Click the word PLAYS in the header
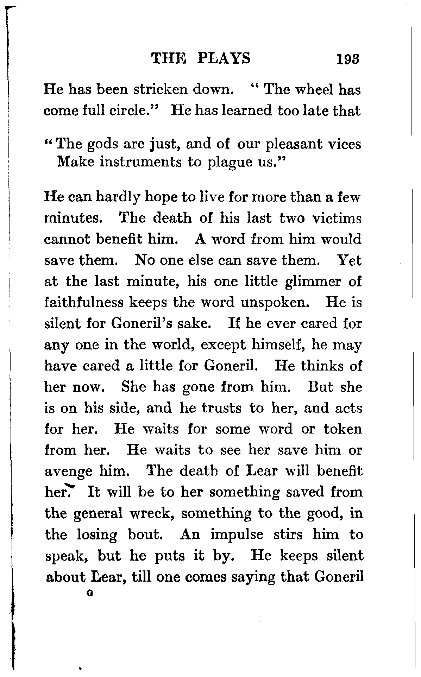click(x=224, y=58)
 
